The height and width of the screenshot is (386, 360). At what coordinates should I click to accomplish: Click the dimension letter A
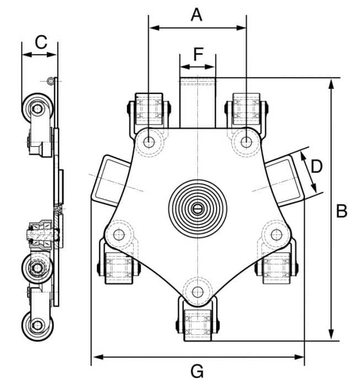click(x=196, y=15)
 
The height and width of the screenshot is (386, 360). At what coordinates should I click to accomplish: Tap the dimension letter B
click(x=342, y=211)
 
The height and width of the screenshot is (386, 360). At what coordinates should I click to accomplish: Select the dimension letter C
click(x=41, y=42)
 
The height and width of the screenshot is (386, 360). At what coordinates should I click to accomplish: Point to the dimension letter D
click(x=316, y=167)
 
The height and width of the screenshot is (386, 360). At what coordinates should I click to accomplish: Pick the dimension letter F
click(x=198, y=54)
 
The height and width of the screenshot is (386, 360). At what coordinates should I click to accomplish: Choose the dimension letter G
click(x=197, y=371)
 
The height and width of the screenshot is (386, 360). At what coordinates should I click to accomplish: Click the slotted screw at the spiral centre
click(x=197, y=209)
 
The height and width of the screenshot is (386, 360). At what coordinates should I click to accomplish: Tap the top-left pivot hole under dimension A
click(x=149, y=142)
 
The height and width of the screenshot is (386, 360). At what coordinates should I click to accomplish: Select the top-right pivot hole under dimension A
click(x=246, y=142)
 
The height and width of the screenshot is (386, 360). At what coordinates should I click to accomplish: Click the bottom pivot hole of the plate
click(x=197, y=292)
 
